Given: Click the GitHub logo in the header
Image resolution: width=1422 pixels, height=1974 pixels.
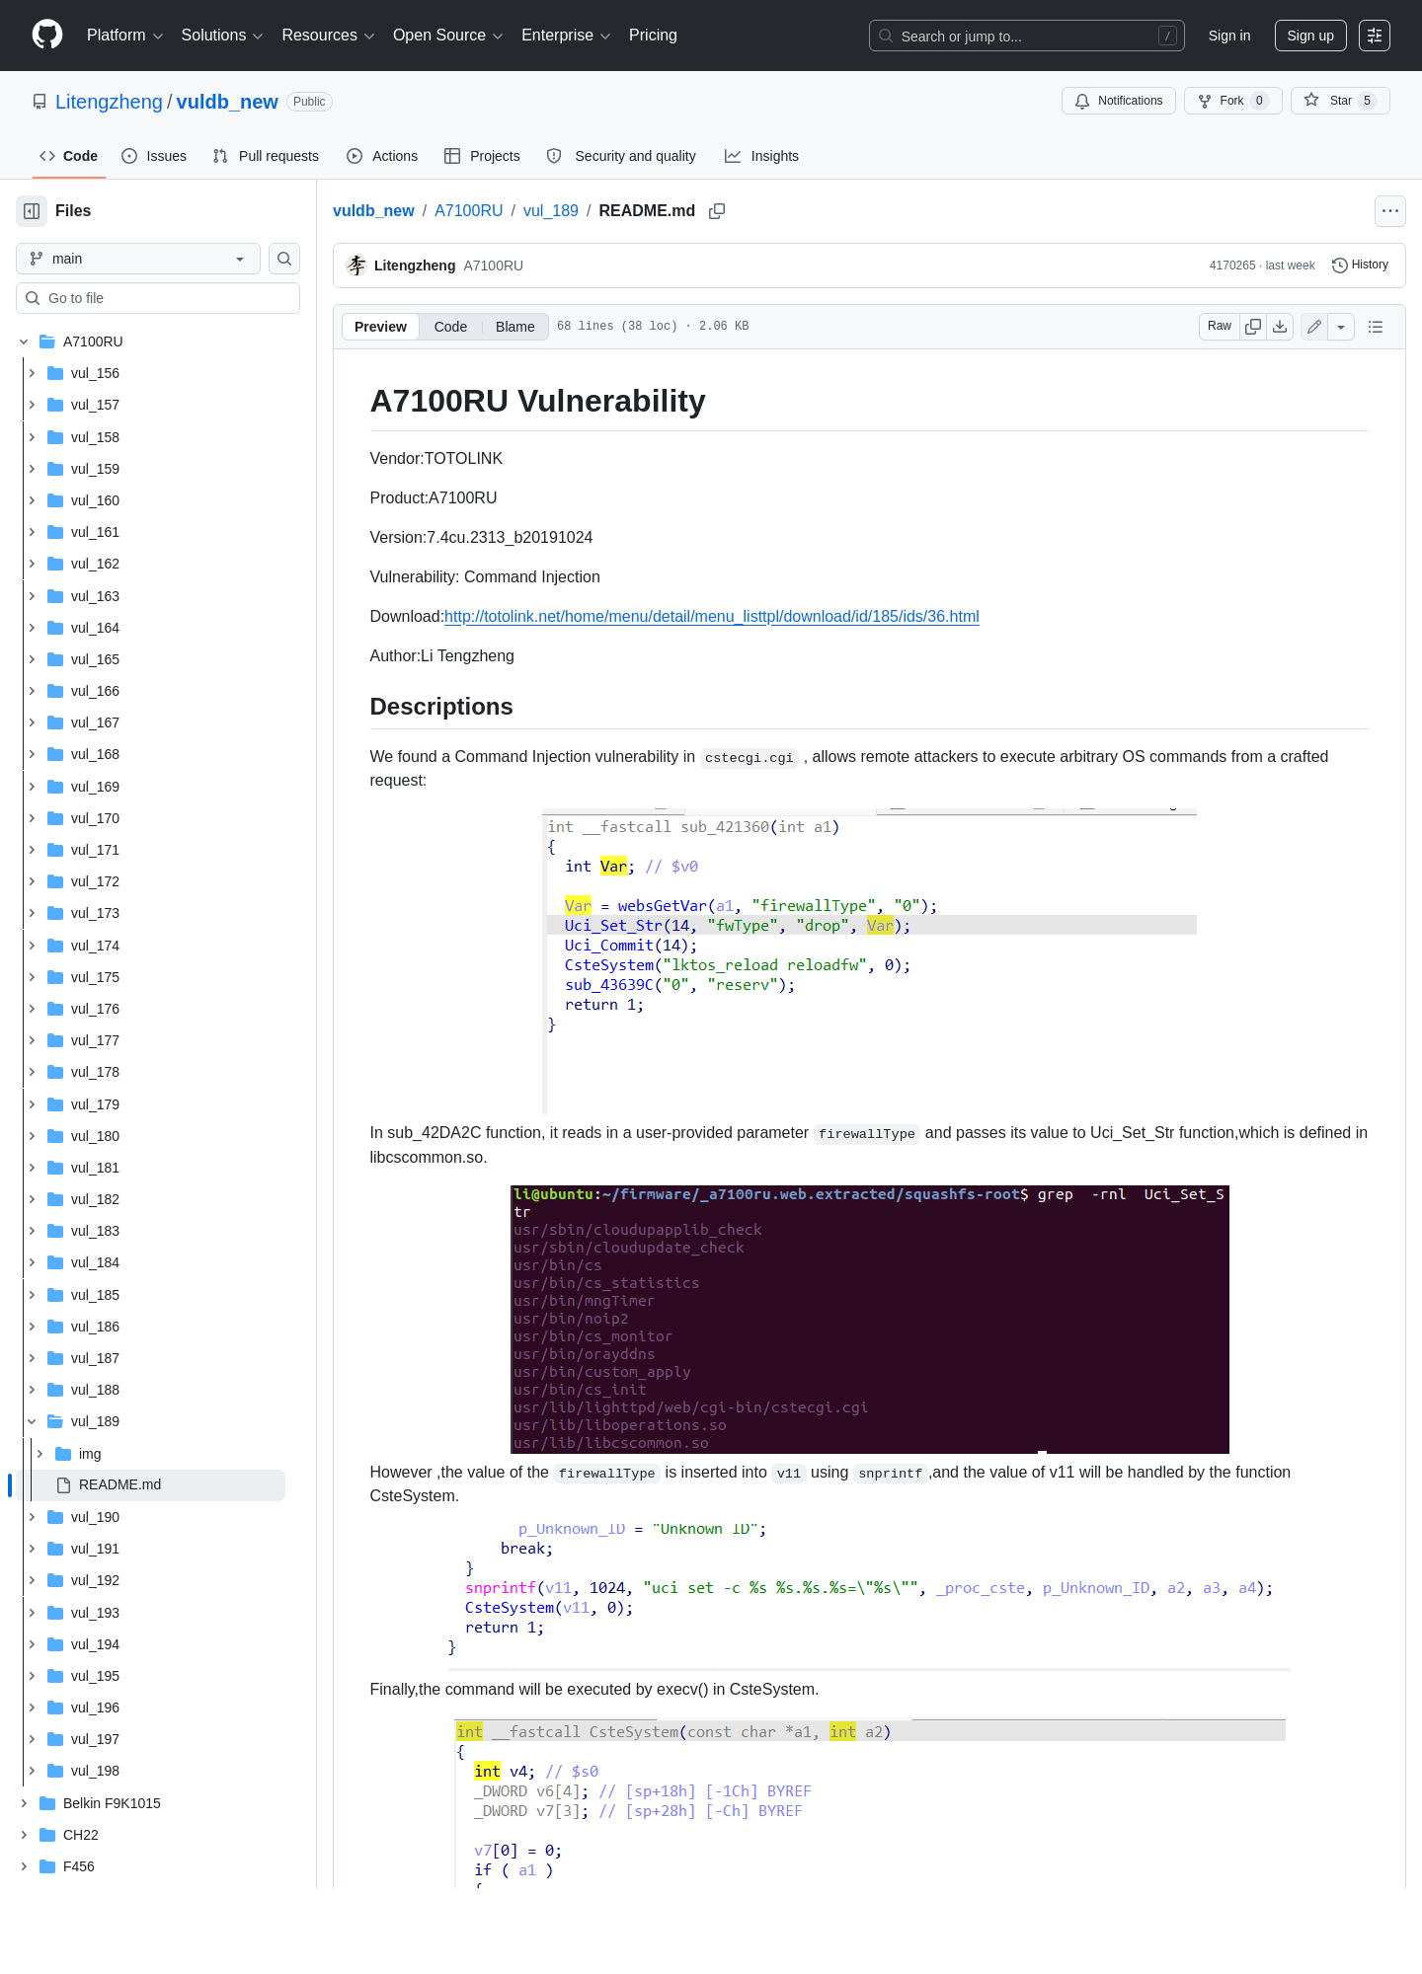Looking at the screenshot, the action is (47, 36).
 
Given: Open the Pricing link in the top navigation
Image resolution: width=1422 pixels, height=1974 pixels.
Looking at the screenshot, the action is (653, 36).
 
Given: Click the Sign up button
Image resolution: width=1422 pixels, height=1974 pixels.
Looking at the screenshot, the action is (1310, 36).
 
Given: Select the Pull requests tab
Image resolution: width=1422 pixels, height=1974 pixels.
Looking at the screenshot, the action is (266, 156).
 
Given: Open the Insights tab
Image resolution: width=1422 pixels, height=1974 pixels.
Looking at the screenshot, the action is (761, 156).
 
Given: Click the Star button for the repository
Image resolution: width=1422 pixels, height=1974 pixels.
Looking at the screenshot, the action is (1340, 101).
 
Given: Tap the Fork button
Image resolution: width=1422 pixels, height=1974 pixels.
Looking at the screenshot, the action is (1232, 101).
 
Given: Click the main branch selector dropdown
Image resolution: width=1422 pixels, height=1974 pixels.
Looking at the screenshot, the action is (138, 259).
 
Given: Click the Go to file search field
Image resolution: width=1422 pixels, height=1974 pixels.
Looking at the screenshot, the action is (158, 298).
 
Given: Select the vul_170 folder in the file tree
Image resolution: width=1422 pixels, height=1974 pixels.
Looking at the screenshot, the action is (95, 818).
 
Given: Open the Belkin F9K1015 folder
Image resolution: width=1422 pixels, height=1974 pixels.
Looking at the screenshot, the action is (112, 1803).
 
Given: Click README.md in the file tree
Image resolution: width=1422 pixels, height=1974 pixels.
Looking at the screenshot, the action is (119, 1484).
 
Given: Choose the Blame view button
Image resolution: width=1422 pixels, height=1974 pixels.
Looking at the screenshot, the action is (514, 327).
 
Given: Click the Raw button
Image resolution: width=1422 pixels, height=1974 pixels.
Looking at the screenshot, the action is (1220, 326).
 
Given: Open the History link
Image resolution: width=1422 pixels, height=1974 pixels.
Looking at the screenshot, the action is (1360, 265).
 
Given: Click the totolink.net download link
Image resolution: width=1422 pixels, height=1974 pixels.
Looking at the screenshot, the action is (712, 616).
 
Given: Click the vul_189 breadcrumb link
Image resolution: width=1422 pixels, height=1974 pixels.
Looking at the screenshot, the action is (551, 211).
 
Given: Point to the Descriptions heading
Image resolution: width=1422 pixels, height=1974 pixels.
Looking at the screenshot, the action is (441, 707).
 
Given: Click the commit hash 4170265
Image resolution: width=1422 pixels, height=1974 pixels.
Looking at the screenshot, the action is (1232, 266).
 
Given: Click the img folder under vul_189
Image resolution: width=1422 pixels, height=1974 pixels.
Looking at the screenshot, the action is (90, 1453).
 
